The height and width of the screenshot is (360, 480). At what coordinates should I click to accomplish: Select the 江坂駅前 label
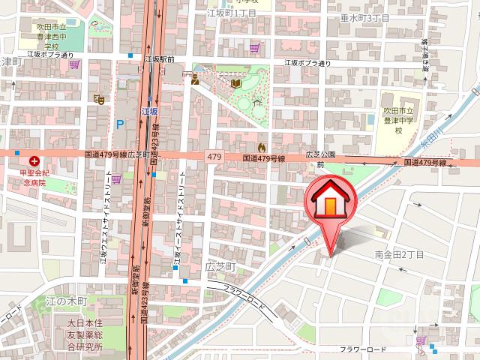pyautogui.click(x=160, y=58)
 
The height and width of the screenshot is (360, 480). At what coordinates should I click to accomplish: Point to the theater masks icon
pyautogui.click(x=98, y=98)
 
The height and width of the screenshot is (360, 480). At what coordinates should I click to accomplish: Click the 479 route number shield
pyautogui.click(x=215, y=156)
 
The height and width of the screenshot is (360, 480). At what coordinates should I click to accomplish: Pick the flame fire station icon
pyautogui.click(x=261, y=147)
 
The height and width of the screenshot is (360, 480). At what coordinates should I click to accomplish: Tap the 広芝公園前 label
pyautogui.click(x=318, y=159)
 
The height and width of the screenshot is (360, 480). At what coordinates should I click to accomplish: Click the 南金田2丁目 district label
pyautogui.click(x=400, y=256)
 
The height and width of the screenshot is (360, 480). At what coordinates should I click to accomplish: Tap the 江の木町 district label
pyautogui.click(x=67, y=301)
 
